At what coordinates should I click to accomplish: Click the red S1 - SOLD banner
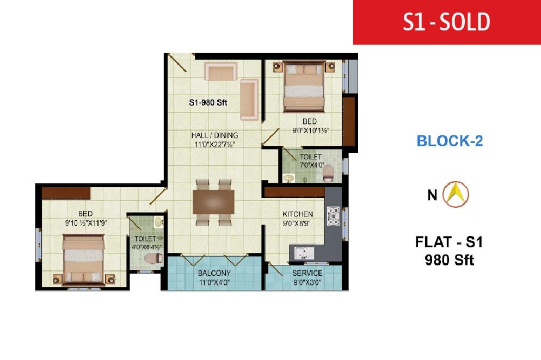click(x=447, y=22)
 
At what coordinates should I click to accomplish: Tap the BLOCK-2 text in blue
click(x=450, y=141)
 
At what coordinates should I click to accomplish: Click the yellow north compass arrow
click(x=456, y=194)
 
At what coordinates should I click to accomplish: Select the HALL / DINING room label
click(x=214, y=135)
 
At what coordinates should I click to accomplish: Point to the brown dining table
click(x=213, y=202)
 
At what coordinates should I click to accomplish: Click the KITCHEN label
click(x=298, y=214)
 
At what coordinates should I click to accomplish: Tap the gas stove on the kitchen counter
click(x=333, y=216)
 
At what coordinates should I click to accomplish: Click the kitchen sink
click(x=304, y=253)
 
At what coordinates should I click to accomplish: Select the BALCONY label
click(x=214, y=273)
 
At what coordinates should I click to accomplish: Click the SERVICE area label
click(x=308, y=273)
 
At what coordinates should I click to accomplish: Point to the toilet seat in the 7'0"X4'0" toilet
click(x=328, y=173)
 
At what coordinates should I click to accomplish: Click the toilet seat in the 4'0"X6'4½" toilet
click(x=153, y=258)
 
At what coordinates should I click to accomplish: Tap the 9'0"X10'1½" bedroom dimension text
click(x=311, y=131)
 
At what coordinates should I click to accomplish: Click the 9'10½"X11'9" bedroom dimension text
click(x=86, y=223)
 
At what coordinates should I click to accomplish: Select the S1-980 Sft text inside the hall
click(x=208, y=102)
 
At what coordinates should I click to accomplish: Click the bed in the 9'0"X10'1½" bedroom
click(x=304, y=86)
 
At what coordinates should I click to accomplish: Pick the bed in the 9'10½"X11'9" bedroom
click(x=83, y=259)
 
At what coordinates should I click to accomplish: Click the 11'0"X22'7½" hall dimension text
click(x=214, y=145)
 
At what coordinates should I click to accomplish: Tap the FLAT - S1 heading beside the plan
click(x=449, y=242)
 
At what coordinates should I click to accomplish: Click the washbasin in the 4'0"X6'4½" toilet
click(x=159, y=222)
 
